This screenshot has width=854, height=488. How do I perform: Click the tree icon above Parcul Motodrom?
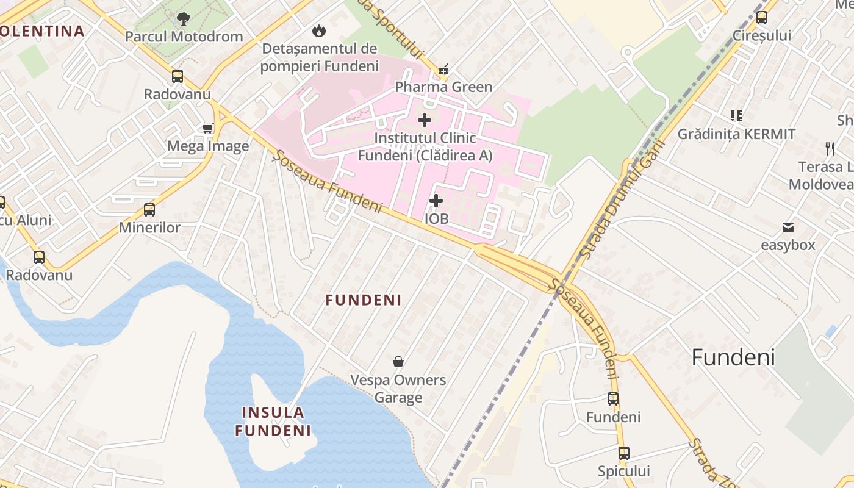click(x=183, y=19)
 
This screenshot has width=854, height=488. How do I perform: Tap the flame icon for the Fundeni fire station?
click(x=318, y=30)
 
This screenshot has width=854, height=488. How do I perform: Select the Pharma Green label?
click(x=443, y=87)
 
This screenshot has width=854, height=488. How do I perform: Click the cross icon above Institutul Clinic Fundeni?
click(x=425, y=120)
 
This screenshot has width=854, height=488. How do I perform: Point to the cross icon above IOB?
click(x=436, y=200)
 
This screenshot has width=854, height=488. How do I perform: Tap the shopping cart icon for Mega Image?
click(x=207, y=128)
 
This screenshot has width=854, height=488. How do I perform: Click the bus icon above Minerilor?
click(x=149, y=210)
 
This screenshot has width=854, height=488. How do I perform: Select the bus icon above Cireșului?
click(x=762, y=18)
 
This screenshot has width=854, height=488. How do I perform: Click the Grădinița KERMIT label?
click(x=736, y=134)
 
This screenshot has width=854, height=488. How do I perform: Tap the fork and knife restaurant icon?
click(x=830, y=148)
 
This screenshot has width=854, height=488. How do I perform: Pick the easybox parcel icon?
click(x=788, y=228)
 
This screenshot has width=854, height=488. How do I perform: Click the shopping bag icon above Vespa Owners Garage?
click(x=398, y=362)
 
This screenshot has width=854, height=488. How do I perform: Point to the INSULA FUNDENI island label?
click(x=273, y=422)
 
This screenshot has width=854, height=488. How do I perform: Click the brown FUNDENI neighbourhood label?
click(x=364, y=300)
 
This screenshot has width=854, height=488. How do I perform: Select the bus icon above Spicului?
click(x=623, y=453)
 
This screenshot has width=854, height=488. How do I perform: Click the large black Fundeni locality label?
click(x=733, y=357)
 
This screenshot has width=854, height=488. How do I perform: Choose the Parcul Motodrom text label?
click(x=184, y=37)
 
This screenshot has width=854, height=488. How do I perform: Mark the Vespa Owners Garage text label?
click(x=398, y=389)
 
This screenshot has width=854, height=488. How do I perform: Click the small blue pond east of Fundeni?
click(x=830, y=331)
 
